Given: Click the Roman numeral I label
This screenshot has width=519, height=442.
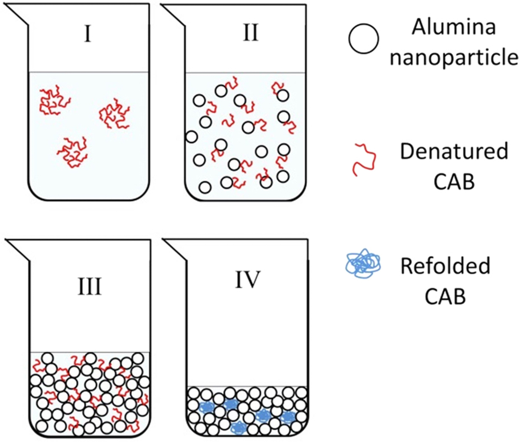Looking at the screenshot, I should click(87, 34).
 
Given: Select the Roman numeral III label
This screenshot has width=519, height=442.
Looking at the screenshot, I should click(89, 286).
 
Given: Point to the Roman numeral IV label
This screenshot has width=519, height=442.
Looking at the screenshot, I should click(247, 280).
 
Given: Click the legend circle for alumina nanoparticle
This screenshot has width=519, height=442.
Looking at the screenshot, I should click(363, 39).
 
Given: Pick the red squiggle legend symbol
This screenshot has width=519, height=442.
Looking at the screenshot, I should click(364, 158).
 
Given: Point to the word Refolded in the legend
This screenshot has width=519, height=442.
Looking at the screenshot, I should click(445, 266).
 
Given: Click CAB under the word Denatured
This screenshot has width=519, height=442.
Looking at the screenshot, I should click(454, 181).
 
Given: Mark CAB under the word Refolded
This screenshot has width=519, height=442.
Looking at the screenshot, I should click(445, 296).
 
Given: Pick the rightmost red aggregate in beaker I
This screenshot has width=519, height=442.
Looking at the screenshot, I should click(114, 113).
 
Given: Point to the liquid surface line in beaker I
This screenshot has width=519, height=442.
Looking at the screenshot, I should click(88, 72).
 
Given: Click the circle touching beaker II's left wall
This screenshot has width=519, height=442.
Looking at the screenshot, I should click(191, 137).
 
